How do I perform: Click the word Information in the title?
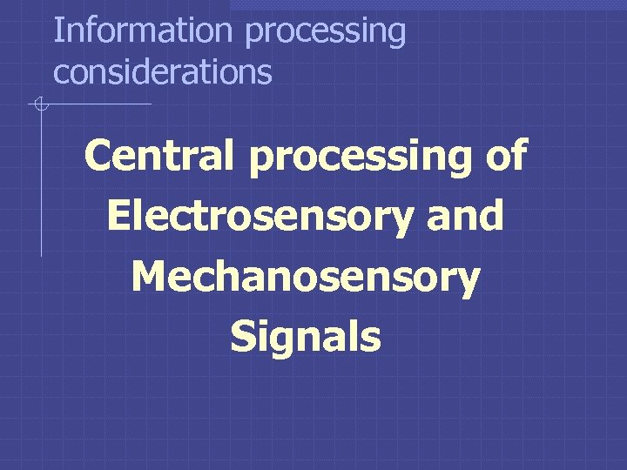click(143, 30)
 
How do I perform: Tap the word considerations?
click(163, 72)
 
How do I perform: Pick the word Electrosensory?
click(259, 216)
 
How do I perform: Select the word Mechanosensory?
click(306, 278)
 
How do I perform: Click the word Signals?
click(306, 339)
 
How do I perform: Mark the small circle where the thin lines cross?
click(40, 105)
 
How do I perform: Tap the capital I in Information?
click(57, 30)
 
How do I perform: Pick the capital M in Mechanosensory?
click(149, 277)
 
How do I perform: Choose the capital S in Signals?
click(243, 338)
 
